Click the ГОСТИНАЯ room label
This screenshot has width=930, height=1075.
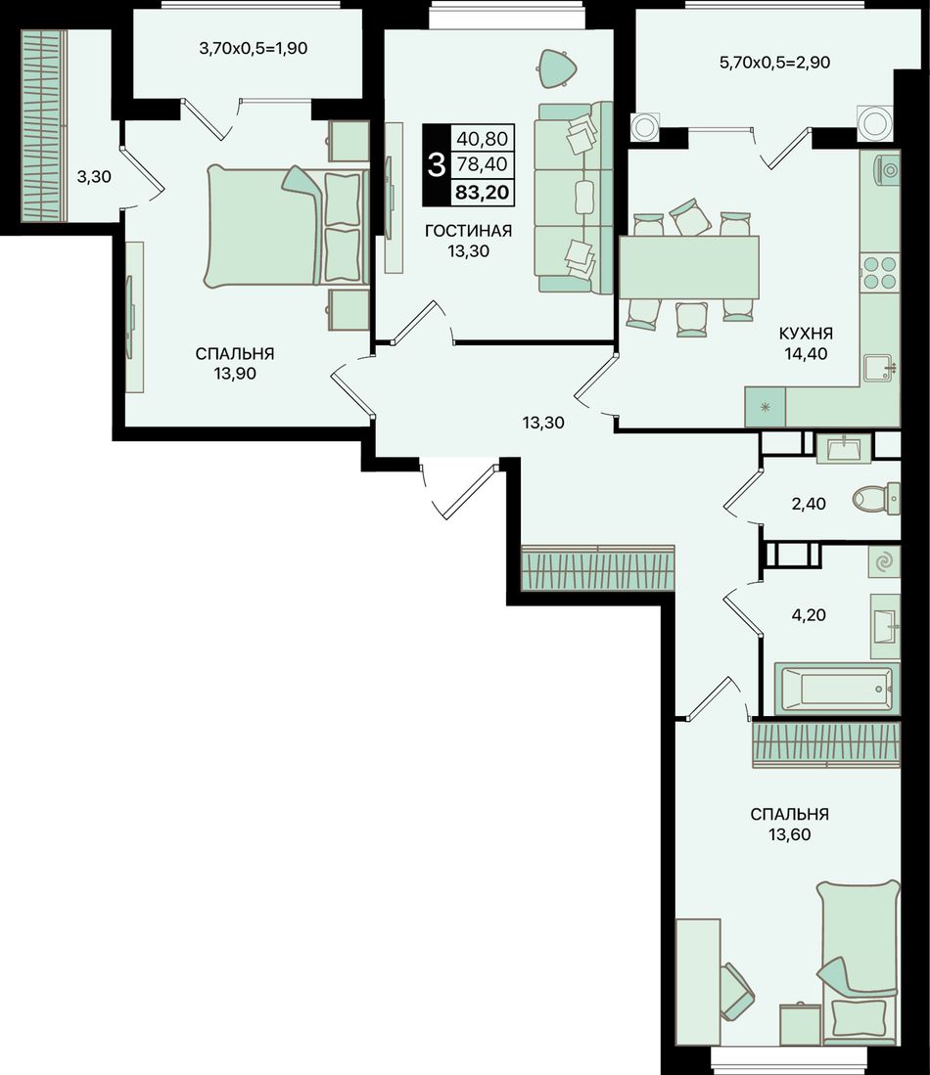[468, 231]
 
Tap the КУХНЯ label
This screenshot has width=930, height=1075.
[806, 334]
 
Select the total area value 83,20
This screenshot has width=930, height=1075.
[483, 192]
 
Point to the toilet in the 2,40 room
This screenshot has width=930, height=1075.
[876, 499]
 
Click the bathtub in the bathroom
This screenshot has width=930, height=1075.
[837, 688]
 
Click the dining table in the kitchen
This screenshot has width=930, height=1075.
[689, 267]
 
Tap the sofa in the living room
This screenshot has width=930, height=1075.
[575, 198]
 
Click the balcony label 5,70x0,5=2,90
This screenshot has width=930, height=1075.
[774, 63]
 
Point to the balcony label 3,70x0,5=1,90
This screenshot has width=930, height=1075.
[253, 49]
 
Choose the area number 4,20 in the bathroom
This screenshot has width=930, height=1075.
[809, 615]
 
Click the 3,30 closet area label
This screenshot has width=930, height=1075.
[94, 177]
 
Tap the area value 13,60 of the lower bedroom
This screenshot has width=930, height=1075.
[789, 834]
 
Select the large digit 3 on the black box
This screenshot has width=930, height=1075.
[436, 165]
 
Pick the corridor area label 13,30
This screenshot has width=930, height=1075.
[543, 423]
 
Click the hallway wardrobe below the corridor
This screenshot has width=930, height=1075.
[598, 567]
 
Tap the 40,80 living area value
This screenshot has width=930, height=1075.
[483, 139]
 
